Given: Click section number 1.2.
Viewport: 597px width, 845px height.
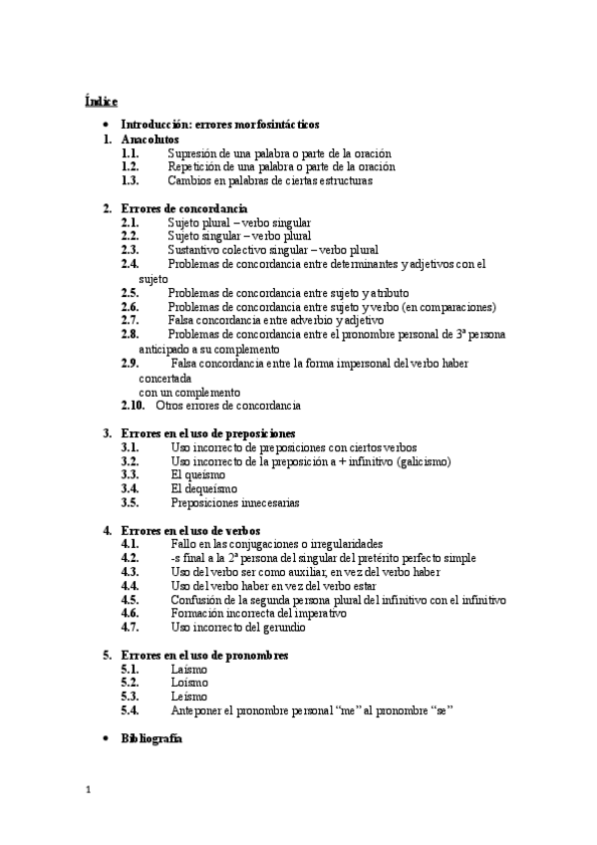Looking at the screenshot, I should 130,167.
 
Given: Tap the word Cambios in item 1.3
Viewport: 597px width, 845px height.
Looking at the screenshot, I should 189,181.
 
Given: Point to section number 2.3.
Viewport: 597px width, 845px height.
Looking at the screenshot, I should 130,250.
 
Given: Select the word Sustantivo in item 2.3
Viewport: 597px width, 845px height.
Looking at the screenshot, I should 197,250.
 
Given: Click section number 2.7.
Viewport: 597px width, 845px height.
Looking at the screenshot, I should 130,321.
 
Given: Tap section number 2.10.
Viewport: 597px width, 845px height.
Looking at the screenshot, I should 133,406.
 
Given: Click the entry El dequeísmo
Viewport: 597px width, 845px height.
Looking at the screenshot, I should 203,489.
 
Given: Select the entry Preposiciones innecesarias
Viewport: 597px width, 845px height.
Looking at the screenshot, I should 234,503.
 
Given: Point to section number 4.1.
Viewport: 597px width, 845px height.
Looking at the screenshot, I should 130,544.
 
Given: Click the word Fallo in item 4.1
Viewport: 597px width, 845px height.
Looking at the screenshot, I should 184,544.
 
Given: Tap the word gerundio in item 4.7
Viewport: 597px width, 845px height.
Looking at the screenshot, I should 284,628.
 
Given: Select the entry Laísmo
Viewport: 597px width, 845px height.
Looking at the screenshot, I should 188,670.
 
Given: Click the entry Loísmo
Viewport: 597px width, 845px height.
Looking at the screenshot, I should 188,684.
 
